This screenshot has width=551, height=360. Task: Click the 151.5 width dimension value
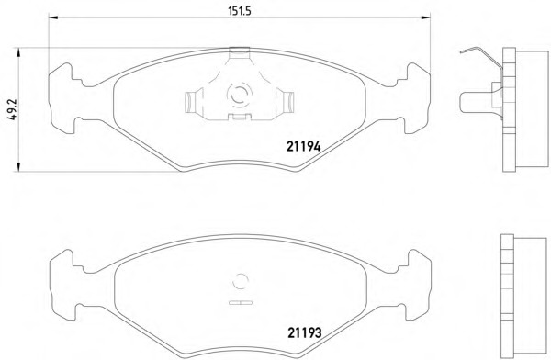[x=240, y=11]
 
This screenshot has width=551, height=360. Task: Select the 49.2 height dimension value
[x=12, y=109]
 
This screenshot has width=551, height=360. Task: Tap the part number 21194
[x=304, y=146]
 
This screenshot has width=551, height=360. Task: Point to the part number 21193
[x=305, y=332]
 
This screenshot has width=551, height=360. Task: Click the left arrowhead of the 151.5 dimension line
[x=53, y=17]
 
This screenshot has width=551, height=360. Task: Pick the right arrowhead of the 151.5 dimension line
[x=425, y=17]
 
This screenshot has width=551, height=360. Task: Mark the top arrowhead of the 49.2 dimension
[x=18, y=52]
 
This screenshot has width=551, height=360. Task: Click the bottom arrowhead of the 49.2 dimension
[x=18, y=167]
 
